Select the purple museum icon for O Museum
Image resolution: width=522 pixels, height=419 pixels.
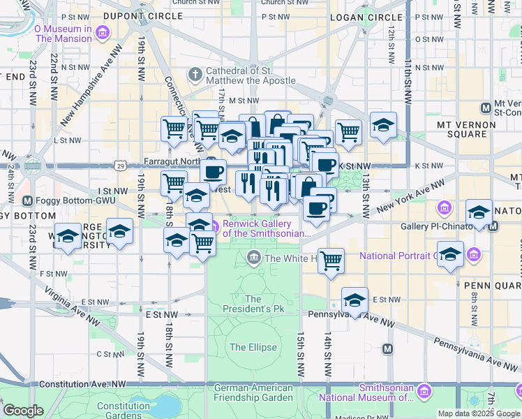point(103,33)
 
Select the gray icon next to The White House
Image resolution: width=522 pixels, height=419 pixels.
point(255,258)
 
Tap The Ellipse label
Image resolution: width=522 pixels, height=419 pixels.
point(253,347)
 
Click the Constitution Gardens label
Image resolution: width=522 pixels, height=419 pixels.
point(124,411)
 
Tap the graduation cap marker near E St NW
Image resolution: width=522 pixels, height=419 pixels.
point(355,300)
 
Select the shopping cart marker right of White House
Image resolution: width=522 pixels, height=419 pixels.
point(331,260)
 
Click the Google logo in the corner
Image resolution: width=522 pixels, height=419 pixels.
point(23,411)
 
